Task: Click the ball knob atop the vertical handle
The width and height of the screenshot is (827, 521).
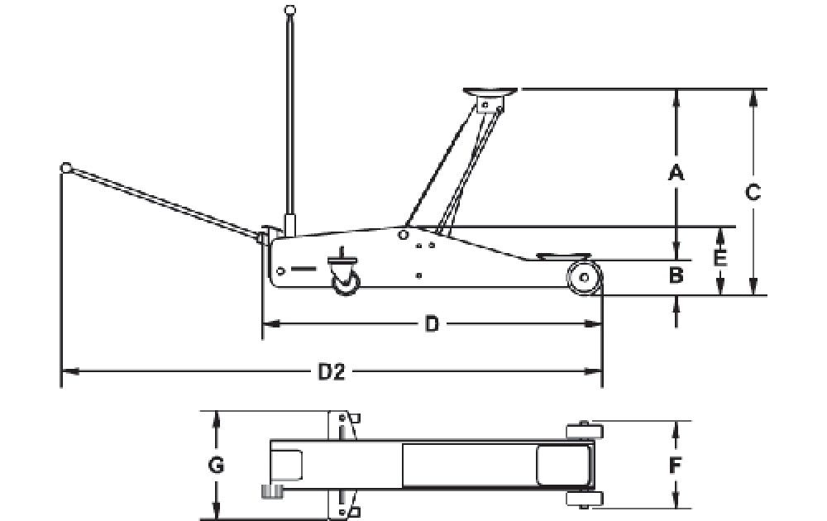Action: point(289,10)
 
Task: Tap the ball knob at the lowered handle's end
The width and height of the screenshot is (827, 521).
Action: point(66,168)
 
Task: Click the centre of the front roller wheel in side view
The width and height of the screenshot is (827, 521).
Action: point(585,277)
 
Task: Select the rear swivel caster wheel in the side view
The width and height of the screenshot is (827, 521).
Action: point(346,283)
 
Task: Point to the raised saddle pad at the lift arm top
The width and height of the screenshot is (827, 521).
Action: point(490,92)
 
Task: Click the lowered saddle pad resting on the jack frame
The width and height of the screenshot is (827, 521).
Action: point(564,256)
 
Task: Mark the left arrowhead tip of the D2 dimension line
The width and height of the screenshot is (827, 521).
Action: point(62,372)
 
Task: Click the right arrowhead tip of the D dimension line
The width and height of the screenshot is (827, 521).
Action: point(602,324)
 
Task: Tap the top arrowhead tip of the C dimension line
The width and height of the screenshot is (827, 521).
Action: point(753,90)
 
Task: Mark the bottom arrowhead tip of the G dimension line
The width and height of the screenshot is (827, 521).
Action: point(215,519)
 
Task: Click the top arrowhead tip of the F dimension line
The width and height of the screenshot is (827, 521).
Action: point(676,421)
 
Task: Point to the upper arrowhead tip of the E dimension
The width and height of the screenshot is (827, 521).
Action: point(720,227)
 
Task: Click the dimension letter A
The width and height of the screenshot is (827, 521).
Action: point(676,173)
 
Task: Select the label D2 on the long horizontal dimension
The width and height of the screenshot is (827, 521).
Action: point(332,372)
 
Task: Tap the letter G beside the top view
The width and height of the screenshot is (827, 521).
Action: point(216,465)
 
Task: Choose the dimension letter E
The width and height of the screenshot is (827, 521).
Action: point(720,258)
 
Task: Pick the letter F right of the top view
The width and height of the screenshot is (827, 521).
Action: point(675,465)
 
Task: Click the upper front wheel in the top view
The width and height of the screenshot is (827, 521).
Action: point(585,432)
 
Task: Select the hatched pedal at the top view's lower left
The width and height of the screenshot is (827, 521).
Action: point(273,491)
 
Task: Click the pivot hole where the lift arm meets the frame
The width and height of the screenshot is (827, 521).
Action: point(404,234)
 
